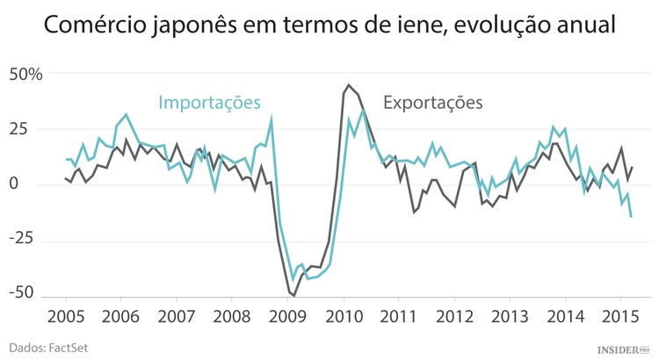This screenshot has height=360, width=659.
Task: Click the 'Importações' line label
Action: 210,102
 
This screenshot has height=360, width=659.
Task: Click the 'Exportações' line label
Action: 433,102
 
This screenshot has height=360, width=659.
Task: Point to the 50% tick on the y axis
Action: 25,74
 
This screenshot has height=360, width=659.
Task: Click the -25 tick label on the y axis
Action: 21,239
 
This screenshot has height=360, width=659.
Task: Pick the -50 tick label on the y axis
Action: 21,293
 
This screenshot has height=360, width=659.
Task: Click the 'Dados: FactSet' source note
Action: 50,348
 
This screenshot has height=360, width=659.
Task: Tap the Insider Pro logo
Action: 623,348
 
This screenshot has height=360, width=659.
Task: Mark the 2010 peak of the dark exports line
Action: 349,85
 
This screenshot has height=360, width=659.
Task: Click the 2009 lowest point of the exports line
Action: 293,296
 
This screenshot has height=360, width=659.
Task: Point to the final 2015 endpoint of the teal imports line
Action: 631,217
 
